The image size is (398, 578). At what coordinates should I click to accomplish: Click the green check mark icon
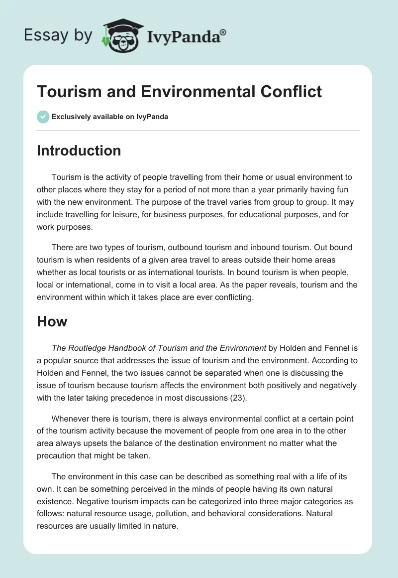[x=43, y=117]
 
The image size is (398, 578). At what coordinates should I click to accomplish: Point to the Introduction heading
[x=79, y=151]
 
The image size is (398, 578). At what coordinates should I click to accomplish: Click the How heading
[x=52, y=321]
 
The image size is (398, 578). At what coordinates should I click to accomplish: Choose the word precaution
[x=58, y=456]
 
